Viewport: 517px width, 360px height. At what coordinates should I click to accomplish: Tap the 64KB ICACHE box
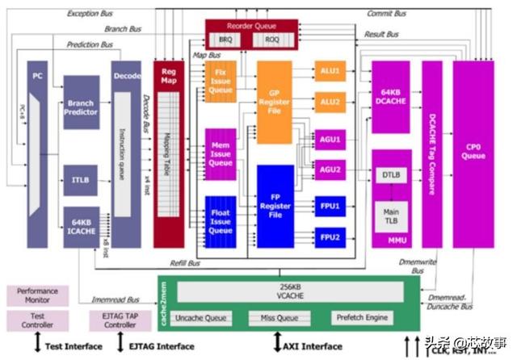[x=81, y=226]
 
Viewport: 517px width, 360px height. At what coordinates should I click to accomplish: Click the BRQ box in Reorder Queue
[x=223, y=38]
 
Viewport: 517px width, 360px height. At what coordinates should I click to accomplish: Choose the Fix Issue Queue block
[x=221, y=82]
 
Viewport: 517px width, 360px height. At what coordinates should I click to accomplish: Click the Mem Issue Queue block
[x=221, y=153]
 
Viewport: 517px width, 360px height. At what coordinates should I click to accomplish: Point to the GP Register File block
[x=274, y=102]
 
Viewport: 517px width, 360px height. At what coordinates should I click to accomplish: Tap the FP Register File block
[x=274, y=205]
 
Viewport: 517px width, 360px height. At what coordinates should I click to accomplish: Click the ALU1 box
[x=330, y=72]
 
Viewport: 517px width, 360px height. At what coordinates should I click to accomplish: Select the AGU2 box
[x=330, y=170]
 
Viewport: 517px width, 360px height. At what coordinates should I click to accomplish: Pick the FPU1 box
[x=330, y=206]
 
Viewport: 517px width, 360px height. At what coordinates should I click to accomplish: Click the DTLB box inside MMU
[x=392, y=175]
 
